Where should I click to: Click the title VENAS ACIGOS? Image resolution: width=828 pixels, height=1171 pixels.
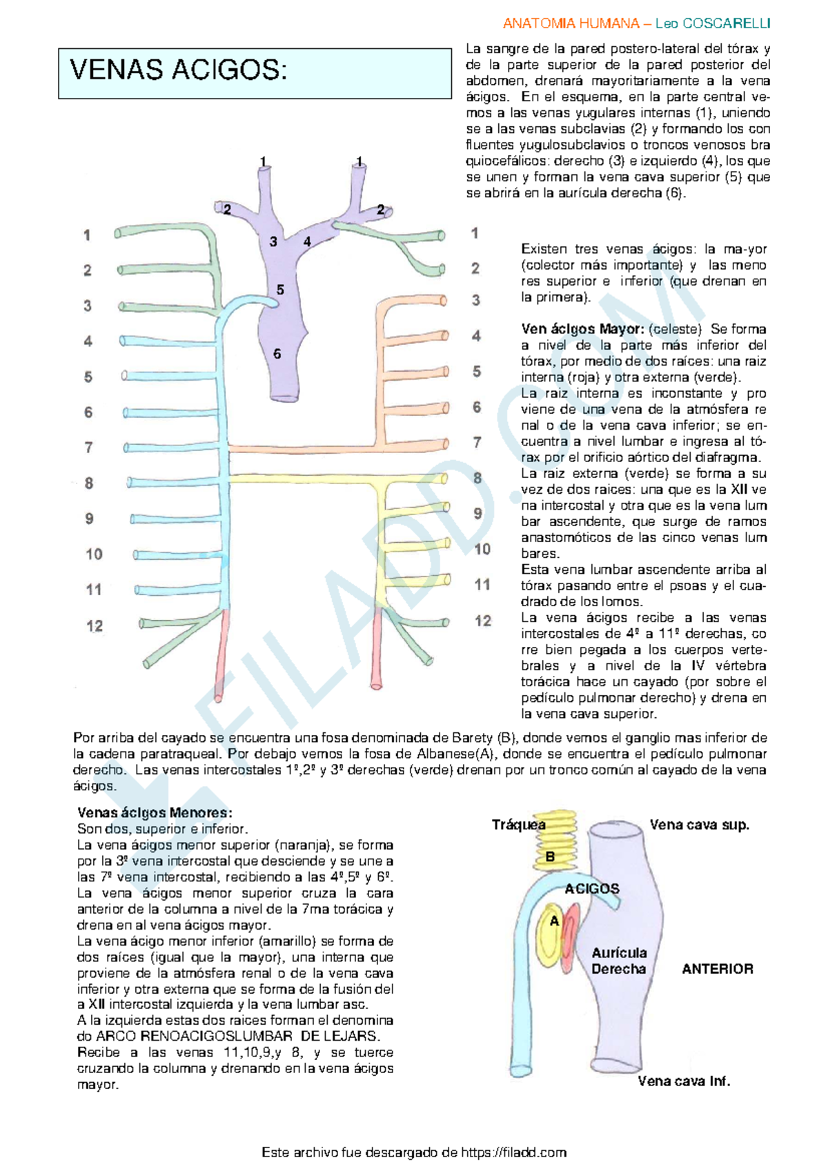pos(178,70)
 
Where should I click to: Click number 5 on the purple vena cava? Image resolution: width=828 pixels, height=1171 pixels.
pos(280,290)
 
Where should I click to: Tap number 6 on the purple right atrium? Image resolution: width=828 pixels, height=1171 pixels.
pos(277,354)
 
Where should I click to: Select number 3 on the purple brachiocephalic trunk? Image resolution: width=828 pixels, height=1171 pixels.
pos(273,241)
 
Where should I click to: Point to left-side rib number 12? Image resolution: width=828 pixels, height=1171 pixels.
pos(95,626)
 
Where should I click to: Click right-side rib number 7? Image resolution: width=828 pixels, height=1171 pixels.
pos(477,442)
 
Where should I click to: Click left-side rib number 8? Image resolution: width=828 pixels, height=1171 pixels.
pos(89,483)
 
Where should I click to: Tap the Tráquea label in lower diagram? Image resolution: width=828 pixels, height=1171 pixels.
pos(518,825)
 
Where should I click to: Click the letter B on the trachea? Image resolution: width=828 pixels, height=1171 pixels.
pos(550,857)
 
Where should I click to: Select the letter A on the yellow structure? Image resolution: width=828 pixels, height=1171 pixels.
pos(554,921)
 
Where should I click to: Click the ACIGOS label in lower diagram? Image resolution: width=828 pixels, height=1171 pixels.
pos(592,889)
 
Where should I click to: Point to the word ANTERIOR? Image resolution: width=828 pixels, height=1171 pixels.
pos(718,969)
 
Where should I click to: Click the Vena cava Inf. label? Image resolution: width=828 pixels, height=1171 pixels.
pos(683,1081)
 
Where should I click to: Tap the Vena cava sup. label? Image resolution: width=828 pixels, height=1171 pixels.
pos(699,825)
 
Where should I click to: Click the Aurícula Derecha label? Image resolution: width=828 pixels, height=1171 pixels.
pos(619,961)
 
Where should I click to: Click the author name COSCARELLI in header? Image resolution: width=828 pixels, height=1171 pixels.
pos(726,23)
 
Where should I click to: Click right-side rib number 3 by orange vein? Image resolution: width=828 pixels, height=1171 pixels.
pos(476,300)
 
